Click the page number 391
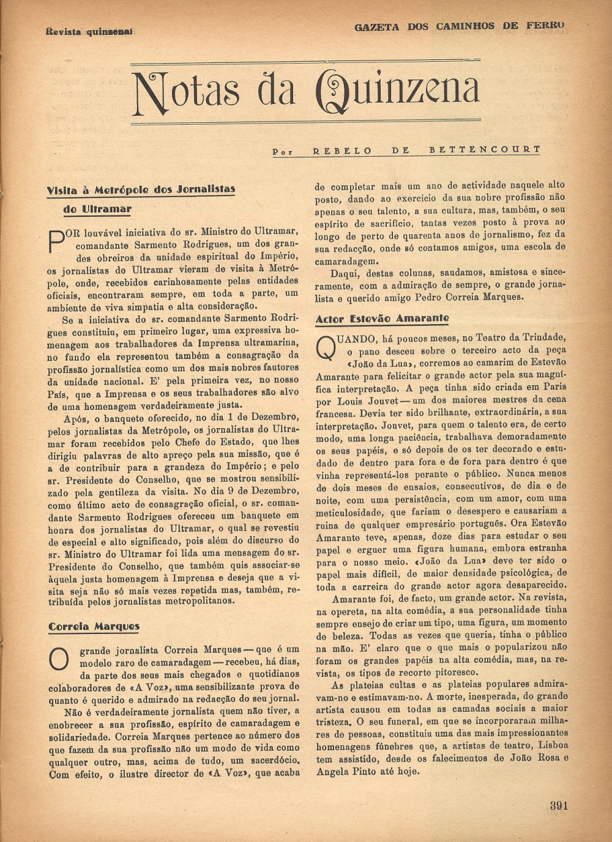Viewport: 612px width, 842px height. (x=558, y=805)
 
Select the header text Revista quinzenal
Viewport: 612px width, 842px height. (x=89, y=31)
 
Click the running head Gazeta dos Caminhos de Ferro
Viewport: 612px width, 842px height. (x=459, y=26)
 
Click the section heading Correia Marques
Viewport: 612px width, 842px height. (x=94, y=626)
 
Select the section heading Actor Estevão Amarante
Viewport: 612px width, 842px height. (x=382, y=319)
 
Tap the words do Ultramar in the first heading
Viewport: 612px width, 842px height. (x=97, y=209)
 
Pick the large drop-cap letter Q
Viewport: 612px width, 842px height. (x=326, y=349)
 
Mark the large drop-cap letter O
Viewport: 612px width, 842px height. (x=58, y=659)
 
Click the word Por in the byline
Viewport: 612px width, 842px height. (x=283, y=150)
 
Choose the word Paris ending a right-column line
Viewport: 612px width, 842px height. (x=553, y=387)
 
